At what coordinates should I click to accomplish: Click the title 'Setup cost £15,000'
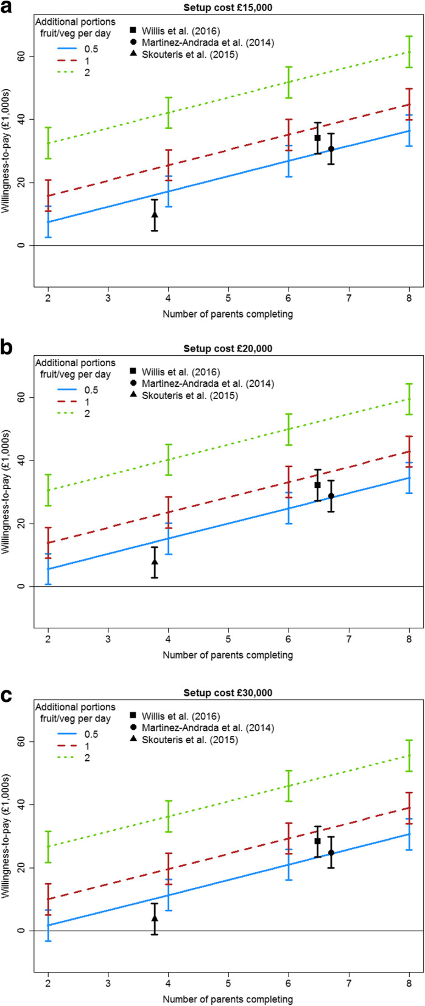(228, 7)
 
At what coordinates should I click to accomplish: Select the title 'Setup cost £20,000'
(228, 349)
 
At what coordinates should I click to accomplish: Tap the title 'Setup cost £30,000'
(228, 693)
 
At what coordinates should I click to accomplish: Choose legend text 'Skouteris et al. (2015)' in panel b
(186, 396)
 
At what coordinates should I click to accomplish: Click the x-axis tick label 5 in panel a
(228, 299)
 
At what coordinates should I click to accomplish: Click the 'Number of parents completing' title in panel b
(228, 655)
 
